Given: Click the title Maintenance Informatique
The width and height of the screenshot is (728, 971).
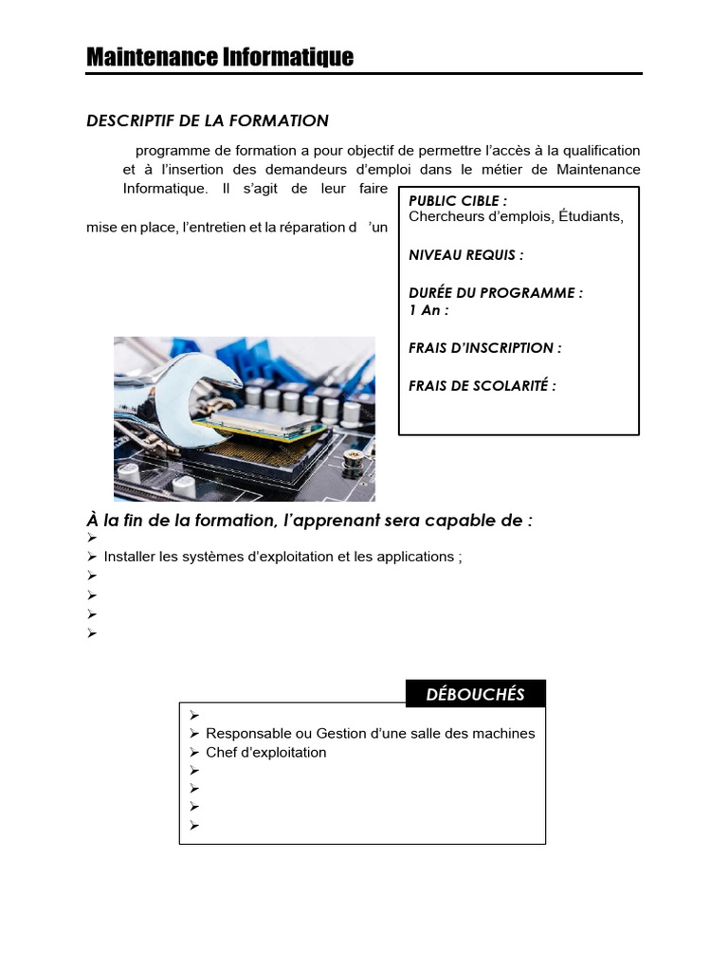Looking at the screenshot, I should pyautogui.click(x=220, y=58).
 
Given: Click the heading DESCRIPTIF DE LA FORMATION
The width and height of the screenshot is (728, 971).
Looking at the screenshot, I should pyautogui.click(x=208, y=120).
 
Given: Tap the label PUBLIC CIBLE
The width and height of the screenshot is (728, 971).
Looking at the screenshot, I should pyautogui.click(x=458, y=201).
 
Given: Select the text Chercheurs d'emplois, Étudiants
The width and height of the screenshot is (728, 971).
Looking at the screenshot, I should pyautogui.click(x=516, y=216).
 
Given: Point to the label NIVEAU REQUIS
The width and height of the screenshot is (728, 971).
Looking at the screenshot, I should pyautogui.click(x=465, y=255).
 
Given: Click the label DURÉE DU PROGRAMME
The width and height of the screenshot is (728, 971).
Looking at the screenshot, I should pyautogui.click(x=495, y=293).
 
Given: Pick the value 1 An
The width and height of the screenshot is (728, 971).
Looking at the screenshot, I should pyautogui.click(x=428, y=310).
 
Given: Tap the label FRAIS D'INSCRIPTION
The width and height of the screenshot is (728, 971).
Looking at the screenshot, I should pyautogui.click(x=484, y=348).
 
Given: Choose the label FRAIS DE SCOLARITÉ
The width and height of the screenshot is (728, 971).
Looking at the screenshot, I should pyautogui.click(x=482, y=386).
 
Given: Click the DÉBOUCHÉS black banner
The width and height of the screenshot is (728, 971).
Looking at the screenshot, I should pyautogui.click(x=475, y=694).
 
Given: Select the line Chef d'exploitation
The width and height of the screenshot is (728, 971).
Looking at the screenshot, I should pyautogui.click(x=265, y=753).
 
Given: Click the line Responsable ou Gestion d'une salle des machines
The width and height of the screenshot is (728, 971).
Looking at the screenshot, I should pyautogui.click(x=370, y=734).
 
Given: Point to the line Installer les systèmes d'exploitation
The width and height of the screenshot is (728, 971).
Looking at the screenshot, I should pyautogui.click(x=282, y=557).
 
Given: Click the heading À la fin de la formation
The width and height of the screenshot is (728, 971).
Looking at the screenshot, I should pyautogui.click(x=309, y=522).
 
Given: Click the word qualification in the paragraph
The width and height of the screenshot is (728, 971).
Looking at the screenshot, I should pyautogui.click(x=602, y=151).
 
